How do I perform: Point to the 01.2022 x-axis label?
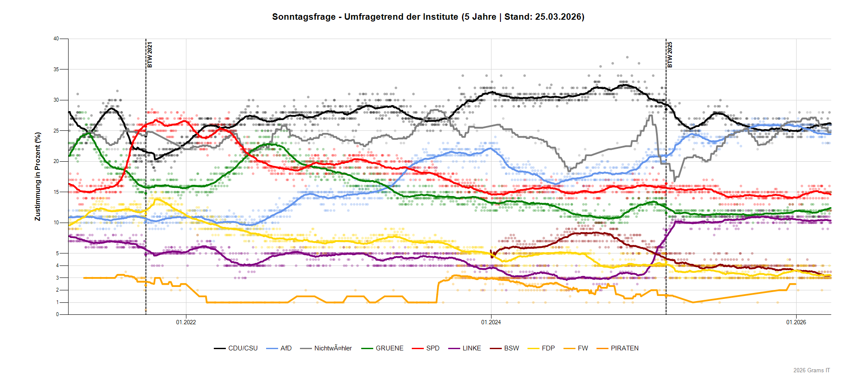click(186, 322)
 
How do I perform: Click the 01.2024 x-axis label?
click(491, 322)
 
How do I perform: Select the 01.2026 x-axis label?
click(796, 322)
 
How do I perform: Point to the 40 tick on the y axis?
click(56, 39)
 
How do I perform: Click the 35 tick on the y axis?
click(56, 69)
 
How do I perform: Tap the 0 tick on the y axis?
click(57, 314)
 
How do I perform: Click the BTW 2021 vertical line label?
click(150, 54)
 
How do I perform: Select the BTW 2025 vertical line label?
click(670, 54)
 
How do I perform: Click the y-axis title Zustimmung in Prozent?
click(38, 176)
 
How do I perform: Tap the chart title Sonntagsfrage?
click(304, 17)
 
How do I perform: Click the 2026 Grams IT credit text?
click(811, 370)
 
